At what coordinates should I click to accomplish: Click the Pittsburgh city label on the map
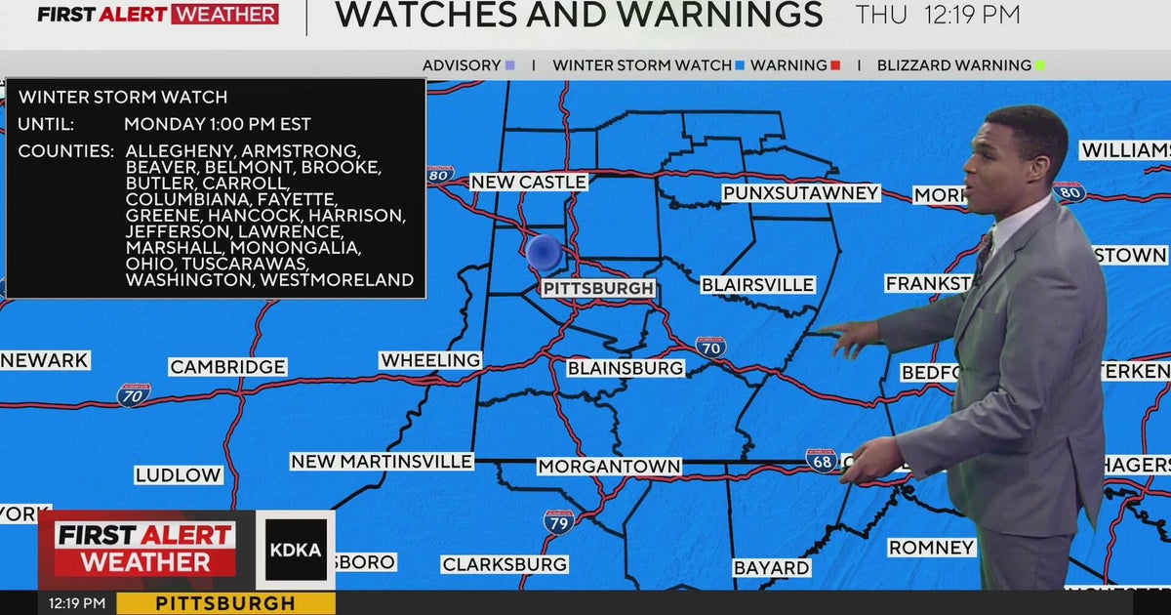(x=598, y=289)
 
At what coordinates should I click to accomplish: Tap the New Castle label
(x=528, y=183)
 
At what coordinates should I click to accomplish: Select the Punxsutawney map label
(x=801, y=193)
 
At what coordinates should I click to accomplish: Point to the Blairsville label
(x=757, y=285)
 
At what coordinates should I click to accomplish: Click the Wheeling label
(x=430, y=360)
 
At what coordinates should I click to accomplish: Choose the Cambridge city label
(x=227, y=367)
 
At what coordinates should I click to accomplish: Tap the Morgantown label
(x=609, y=467)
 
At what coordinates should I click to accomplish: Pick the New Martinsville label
(x=382, y=461)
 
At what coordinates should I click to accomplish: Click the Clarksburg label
(x=505, y=564)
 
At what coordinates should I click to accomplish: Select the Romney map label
(x=932, y=548)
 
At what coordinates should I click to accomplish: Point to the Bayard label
(x=771, y=567)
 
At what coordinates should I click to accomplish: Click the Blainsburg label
(x=626, y=368)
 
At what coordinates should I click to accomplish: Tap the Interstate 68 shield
(x=822, y=461)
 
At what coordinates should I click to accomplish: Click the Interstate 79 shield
(x=558, y=521)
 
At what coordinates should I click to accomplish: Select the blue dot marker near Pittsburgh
(x=544, y=253)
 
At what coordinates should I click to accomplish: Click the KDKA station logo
(x=295, y=550)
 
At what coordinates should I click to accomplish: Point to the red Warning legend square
(x=835, y=65)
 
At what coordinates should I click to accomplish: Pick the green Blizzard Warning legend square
(x=1040, y=65)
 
